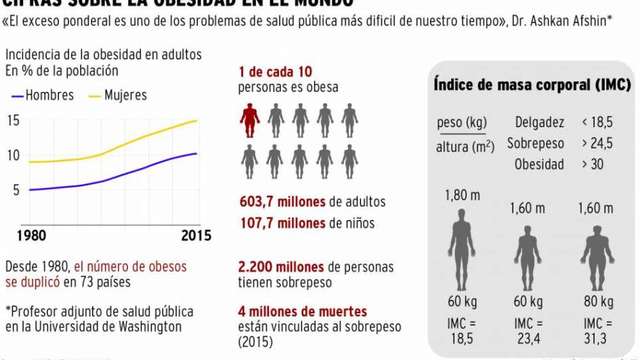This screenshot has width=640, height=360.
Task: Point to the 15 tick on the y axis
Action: (x=13, y=122)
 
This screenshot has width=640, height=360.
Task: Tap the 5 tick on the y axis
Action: (x=16, y=190)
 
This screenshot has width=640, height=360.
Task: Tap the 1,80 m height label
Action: (x=462, y=194)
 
